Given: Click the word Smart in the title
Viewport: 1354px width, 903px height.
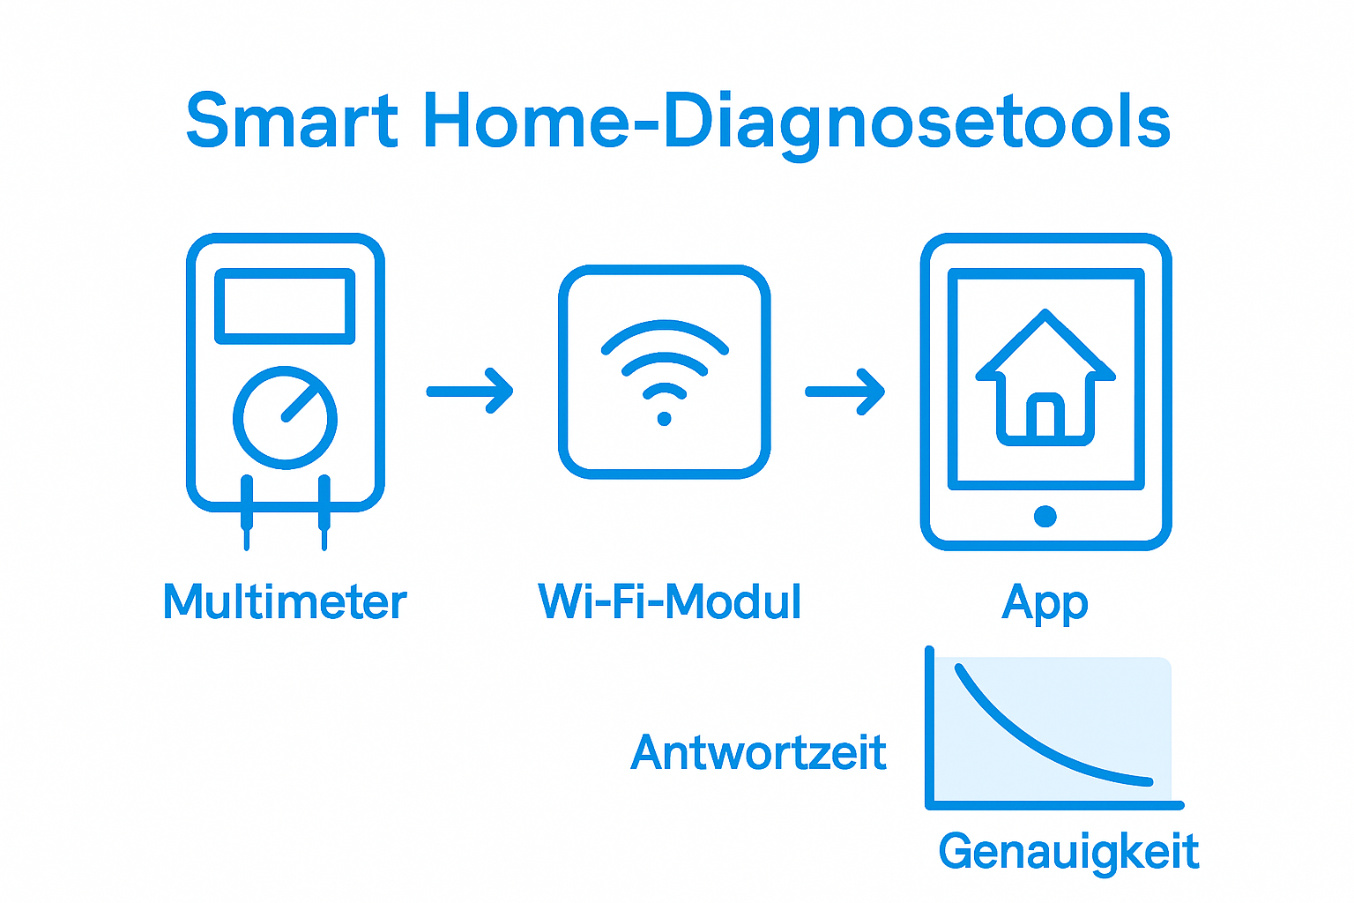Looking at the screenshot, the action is point(292,120).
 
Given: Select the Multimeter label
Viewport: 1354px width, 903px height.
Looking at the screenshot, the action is point(285,601).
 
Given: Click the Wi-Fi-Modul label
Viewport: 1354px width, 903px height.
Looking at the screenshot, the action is point(670,601).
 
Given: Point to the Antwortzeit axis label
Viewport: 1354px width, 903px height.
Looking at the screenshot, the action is point(759,753).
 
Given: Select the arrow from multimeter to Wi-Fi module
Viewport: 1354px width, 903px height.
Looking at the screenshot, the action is point(470,392).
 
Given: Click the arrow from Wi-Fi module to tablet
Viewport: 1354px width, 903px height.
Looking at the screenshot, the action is point(845,392).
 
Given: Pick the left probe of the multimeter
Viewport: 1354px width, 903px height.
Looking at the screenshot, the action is point(247,512).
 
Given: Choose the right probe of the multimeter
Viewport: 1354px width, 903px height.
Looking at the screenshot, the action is point(324,512).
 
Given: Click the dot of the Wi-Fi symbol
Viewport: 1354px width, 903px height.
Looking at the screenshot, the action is point(665,419).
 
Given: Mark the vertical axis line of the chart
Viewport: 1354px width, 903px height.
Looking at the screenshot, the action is point(930,727).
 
